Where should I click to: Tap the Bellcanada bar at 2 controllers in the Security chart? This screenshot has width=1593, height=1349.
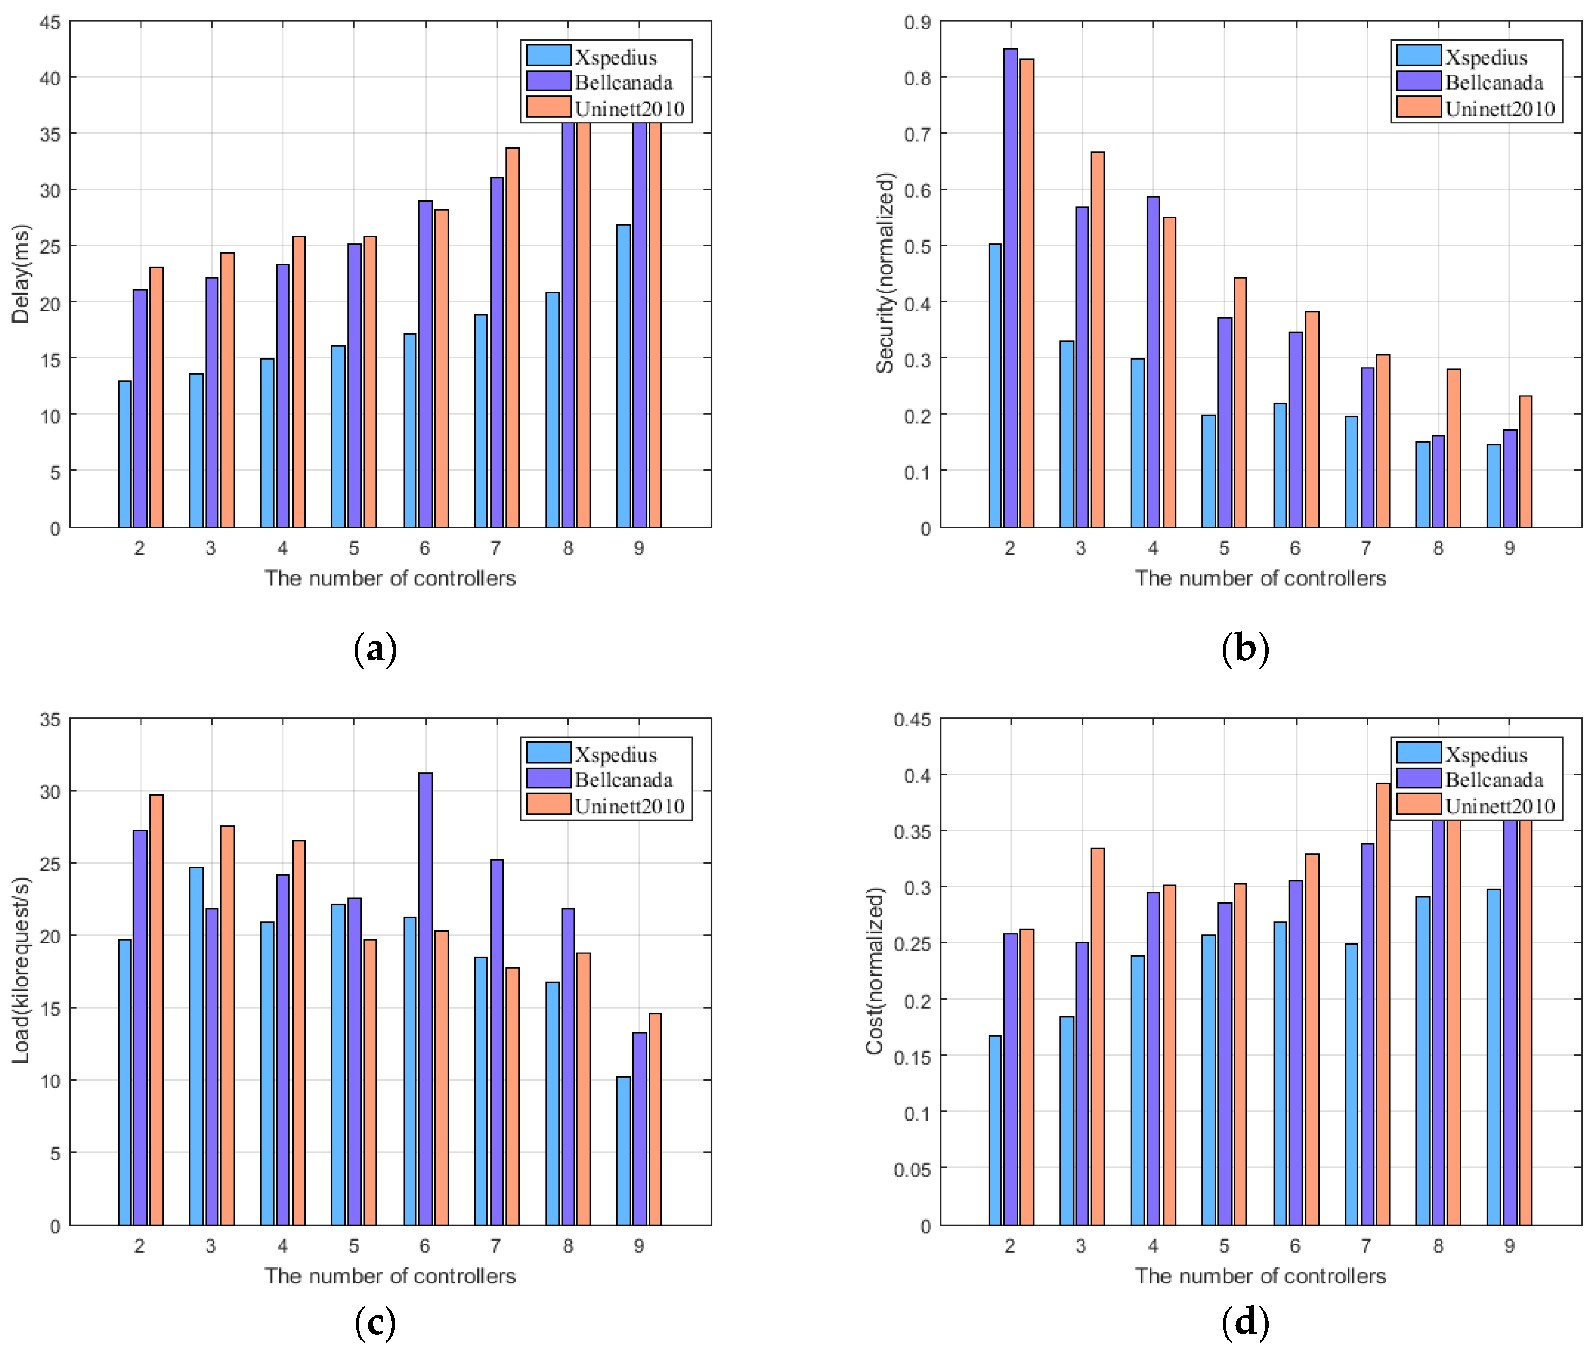click(1010, 288)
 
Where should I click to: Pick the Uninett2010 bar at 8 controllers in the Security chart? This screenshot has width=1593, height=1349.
click(1454, 448)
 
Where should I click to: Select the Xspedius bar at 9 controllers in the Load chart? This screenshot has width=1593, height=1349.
click(623, 1151)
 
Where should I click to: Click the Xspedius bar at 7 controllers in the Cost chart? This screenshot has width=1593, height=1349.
click(1351, 1085)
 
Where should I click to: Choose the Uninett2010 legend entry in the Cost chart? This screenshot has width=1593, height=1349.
click(1499, 806)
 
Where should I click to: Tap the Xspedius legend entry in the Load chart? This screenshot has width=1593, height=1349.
click(616, 755)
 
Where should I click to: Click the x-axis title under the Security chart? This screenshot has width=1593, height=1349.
click(1260, 578)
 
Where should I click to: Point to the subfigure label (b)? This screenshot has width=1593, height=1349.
click(1245, 649)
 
